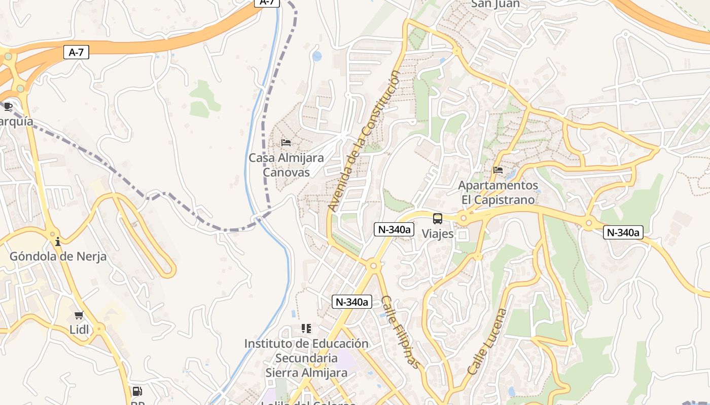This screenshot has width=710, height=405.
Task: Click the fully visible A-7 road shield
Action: pos(76,52)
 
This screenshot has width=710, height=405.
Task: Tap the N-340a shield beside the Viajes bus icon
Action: pos(394,229)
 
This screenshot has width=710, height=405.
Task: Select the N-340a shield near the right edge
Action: pos(623,233)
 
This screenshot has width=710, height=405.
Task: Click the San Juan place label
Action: pos(495,4)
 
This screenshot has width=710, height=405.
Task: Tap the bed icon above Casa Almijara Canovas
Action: pos(286,143)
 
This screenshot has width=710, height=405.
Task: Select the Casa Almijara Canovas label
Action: pos(286,165)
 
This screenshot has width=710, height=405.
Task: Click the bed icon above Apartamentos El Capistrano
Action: pos(498,170)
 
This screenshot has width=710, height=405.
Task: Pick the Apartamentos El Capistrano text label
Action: pos(498,192)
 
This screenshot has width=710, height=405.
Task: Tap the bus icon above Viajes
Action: pos(437,219)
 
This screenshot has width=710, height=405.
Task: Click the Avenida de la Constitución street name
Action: pos(364,141)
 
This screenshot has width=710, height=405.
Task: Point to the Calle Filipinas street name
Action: pos(401,332)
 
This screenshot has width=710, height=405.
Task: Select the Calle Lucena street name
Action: pos(487,342)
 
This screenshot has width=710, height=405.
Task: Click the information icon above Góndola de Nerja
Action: pos(58,241)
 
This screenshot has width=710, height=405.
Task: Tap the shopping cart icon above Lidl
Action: pos(79,315)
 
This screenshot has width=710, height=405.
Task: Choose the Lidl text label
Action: pos(79,330)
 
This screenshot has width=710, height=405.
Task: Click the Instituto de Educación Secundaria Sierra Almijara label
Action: pos(306,358)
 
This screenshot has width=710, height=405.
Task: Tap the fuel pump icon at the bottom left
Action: pos(137,391)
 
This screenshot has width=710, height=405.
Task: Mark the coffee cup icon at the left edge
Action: pos(8,106)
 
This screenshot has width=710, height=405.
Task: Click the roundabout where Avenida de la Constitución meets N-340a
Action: pos(374,265)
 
